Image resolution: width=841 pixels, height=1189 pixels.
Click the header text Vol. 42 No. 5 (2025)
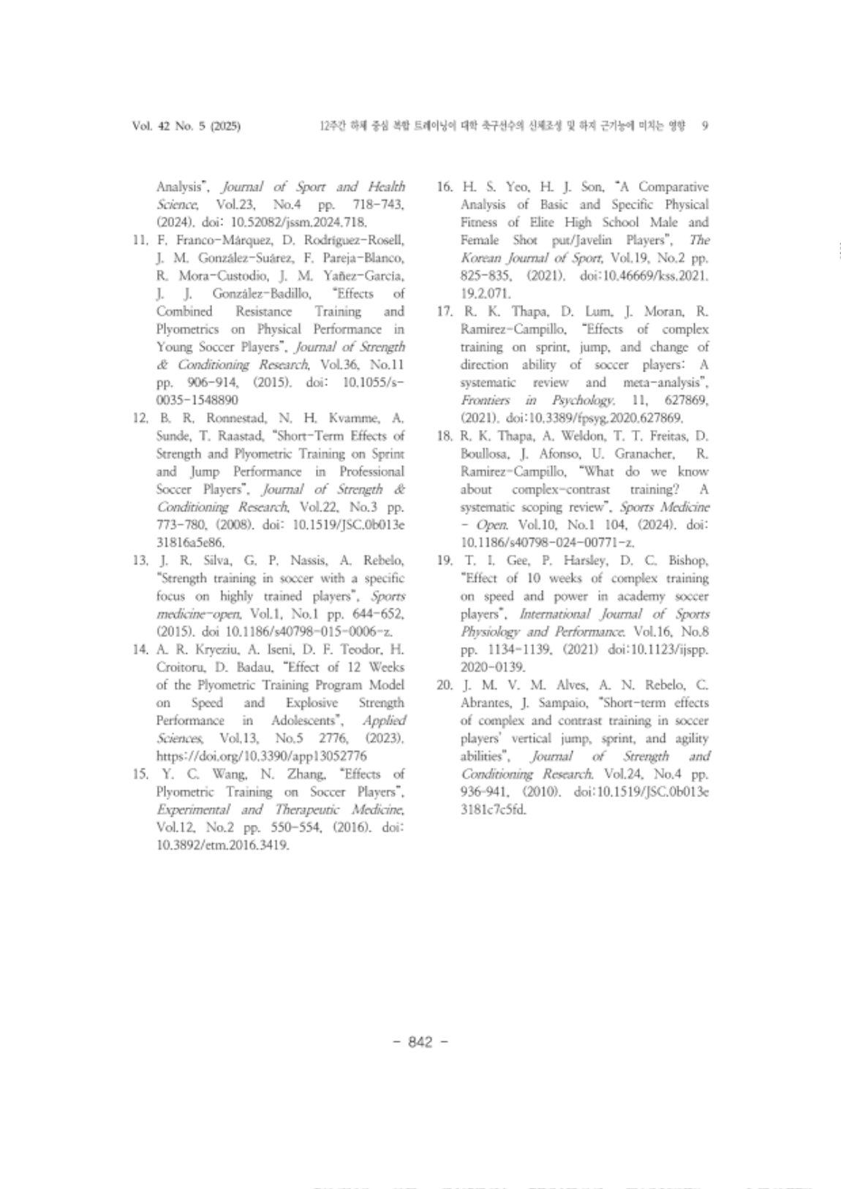pos(186,126)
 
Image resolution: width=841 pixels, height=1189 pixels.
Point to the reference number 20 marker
pos(445,685)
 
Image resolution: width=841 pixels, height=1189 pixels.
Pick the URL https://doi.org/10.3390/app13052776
pos(261,756)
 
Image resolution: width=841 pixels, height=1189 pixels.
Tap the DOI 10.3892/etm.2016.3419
pos(222,845)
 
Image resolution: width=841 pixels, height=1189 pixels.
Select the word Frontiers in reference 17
pos(485,401)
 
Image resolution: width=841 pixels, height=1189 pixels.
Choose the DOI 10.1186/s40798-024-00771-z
pos(547,543)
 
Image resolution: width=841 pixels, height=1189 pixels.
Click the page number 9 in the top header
pos(704,126)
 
